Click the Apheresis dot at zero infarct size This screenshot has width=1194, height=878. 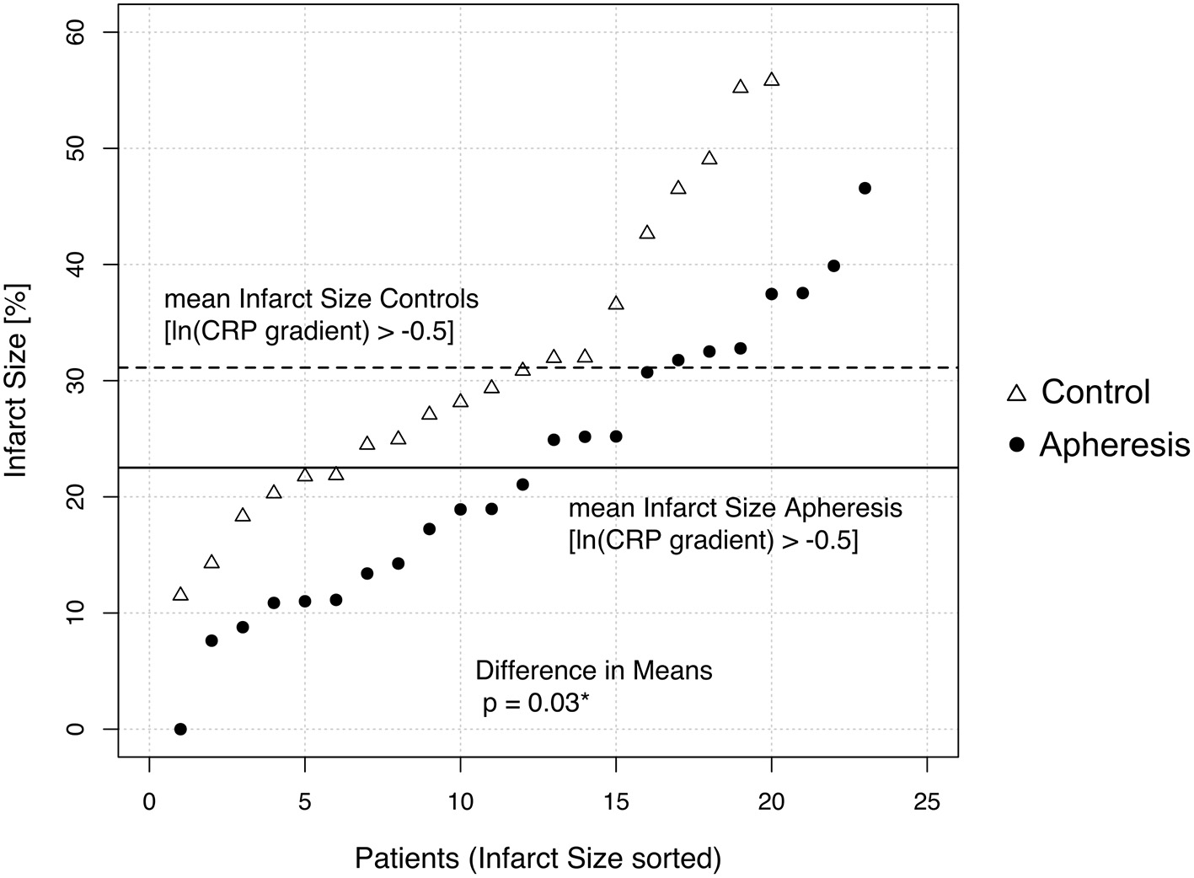180,729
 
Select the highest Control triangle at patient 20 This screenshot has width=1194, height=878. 771,80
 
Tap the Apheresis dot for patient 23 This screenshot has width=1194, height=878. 865,188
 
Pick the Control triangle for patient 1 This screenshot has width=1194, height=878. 180,595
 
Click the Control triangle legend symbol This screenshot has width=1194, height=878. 1016,393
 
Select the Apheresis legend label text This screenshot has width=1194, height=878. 1114,444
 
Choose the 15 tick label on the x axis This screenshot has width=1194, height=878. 616,800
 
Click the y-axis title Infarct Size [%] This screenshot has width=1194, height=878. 17,380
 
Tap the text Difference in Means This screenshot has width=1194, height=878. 594,671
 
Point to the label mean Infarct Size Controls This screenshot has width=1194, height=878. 321,299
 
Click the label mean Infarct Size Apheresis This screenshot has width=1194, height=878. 735,508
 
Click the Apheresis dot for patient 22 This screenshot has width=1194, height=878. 833,265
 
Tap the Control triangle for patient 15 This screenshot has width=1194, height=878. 616,303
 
